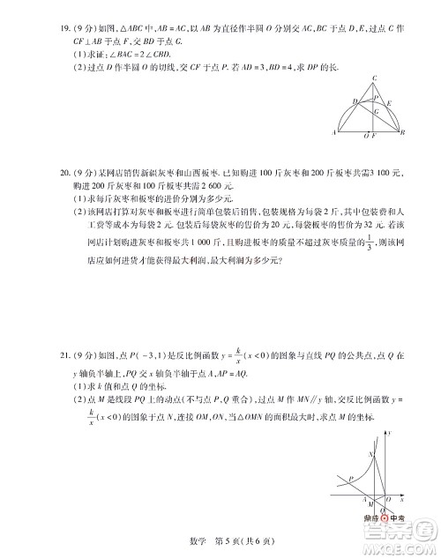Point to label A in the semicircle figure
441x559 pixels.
pyautogui.click(x=333, y=132)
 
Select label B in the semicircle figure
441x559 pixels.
pyautogui.click(x=401, y=132)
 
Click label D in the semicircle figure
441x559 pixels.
pyautogui.click(x=355, y=101)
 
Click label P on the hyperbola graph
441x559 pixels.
pyautogui.click(x=350, y=479)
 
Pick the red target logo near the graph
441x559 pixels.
pyautogui.click(x=385, y=519)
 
